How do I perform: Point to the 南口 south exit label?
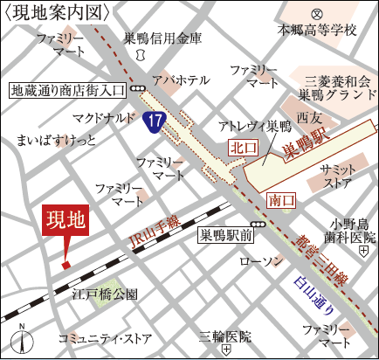(280, 201)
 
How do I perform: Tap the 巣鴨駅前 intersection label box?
(225, 234)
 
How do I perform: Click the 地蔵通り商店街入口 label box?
(67, 88)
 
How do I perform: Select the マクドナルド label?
(103, 115)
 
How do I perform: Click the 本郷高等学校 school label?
(318, 30)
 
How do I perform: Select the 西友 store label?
(309, 115)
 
